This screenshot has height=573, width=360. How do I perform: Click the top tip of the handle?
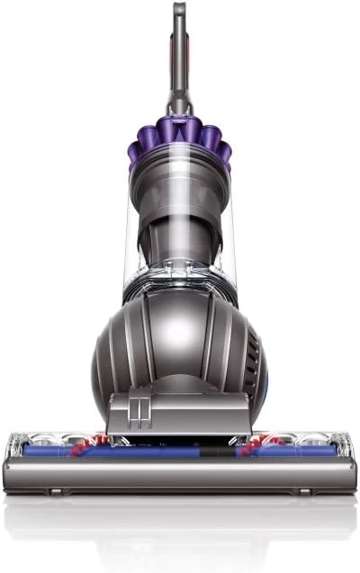point(180,7)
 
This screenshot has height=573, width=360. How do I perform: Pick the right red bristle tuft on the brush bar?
point(261,442)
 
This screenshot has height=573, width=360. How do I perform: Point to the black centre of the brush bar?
point(180,444)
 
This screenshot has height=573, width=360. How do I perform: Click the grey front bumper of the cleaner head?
point(180,474)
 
